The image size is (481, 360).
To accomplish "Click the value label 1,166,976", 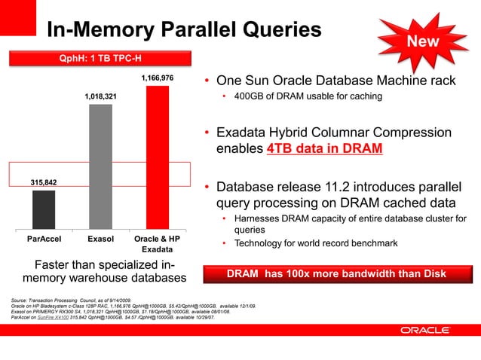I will coord(157,78).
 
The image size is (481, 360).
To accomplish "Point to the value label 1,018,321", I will coord(100,97).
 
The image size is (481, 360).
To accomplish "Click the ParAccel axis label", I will coord(44,239).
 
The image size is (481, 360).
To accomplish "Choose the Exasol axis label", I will coord(100,239).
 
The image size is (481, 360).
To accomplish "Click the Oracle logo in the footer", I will coord(425,330).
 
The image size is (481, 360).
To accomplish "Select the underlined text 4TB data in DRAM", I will coord(324,148).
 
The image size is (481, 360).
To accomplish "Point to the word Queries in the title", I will coord(275,29).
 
